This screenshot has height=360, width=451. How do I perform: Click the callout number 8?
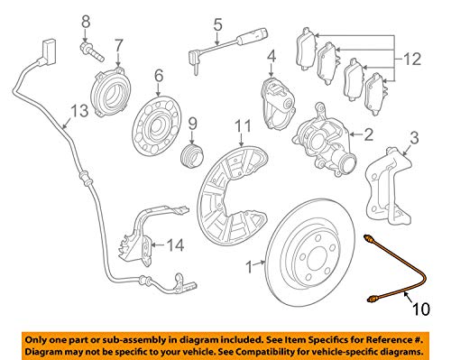click(86, 22)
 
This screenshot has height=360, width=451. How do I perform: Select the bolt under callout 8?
click(92, 51)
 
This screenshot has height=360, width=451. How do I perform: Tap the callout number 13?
click(79, 111)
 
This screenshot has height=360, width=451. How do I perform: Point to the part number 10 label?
click(421, 309)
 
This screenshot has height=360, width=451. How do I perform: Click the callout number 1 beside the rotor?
click(249, 267)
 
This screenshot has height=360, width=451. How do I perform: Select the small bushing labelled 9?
click(192, 155)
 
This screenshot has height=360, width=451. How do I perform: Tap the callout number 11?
click(243, 126)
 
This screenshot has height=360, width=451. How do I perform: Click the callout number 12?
click(412, 60)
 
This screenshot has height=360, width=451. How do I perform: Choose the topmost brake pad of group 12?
click(306, 50)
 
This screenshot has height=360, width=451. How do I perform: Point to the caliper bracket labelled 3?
click(389, 186)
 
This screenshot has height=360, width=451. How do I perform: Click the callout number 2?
click(368, 134)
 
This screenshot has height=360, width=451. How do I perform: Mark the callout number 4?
click(272, 57)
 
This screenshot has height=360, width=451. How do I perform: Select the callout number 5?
click(218, 24)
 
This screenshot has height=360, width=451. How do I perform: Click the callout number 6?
click(159, 75)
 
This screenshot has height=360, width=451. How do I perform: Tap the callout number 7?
click(119, 46)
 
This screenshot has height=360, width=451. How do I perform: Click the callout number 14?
click(175, 245)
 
